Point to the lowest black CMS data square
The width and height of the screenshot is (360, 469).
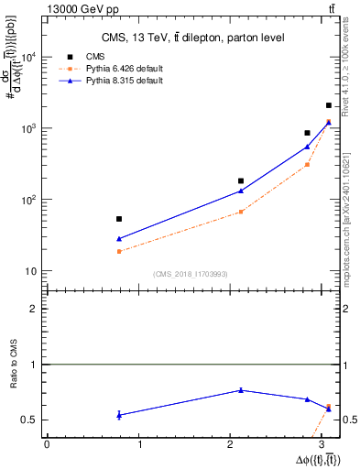[119, 219]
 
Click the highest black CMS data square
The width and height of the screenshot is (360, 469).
[329, 105]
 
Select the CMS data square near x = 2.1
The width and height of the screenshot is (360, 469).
[241, 180]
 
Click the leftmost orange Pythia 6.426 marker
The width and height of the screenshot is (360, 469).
[119, 251]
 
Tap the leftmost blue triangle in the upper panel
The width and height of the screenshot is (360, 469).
[119, 238]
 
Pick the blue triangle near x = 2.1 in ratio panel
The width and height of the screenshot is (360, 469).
[241, 390]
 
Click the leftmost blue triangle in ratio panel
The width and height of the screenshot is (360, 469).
[119, 415]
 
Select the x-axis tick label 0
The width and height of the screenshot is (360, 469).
[46, 444]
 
